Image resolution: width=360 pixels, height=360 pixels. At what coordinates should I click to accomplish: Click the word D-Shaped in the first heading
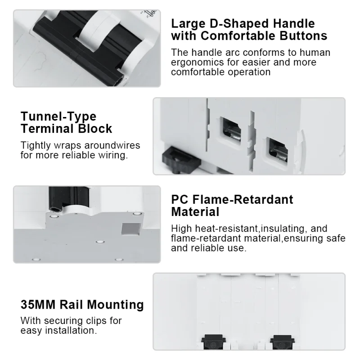239,24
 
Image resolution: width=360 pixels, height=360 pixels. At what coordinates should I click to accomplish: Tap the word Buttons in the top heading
303,36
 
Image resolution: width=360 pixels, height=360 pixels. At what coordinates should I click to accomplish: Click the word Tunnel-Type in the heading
58,117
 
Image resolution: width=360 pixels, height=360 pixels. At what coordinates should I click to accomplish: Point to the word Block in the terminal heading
95,128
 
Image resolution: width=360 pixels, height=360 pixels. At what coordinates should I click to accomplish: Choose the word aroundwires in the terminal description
112,145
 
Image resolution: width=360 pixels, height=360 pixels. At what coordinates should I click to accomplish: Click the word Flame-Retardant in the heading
243,199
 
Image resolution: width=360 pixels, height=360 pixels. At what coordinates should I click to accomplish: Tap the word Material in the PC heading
195,211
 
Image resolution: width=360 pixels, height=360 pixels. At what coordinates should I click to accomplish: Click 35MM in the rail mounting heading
38,305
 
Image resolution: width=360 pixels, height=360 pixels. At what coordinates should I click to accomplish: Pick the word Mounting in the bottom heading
115,305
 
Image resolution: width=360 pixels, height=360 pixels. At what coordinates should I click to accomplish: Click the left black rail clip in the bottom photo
213,342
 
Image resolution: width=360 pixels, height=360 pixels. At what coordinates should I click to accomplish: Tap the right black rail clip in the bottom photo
283,342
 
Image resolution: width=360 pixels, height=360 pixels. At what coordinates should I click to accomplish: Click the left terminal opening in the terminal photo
230,130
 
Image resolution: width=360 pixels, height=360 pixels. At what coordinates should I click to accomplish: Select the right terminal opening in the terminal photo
278,150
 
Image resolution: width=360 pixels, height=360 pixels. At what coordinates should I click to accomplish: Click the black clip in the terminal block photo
181,160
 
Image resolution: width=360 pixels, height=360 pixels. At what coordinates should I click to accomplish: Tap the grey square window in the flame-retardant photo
130,229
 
